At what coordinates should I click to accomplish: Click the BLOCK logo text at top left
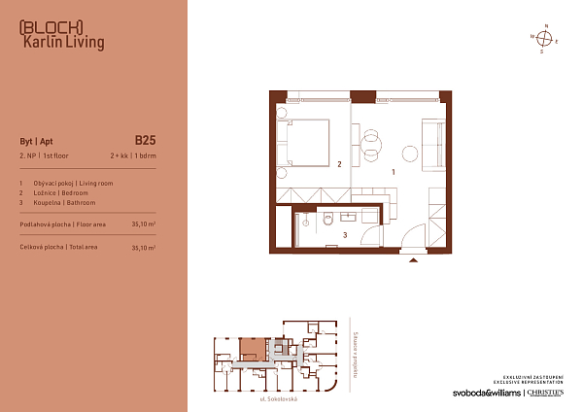(51, 26)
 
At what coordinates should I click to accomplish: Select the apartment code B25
(145, 139)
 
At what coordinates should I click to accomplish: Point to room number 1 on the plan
(392, 172)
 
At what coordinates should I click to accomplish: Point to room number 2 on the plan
(338, 164)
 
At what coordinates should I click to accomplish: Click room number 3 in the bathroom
(345, 235)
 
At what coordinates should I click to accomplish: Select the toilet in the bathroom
(328, 218)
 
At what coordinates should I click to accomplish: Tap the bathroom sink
(367, 216)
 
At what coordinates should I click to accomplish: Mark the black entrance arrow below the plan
(414, 260)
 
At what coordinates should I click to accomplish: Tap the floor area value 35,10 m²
(143, 223)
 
